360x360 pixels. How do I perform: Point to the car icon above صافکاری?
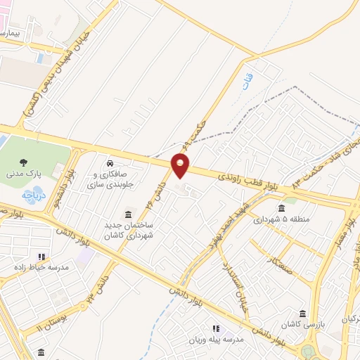pyautogui.click(x=109, y=160)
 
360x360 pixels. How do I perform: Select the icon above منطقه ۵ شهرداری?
pyautogui.click(x=281, y=207)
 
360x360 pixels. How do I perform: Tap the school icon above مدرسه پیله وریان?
pyautogui.click(x=215, y=328)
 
